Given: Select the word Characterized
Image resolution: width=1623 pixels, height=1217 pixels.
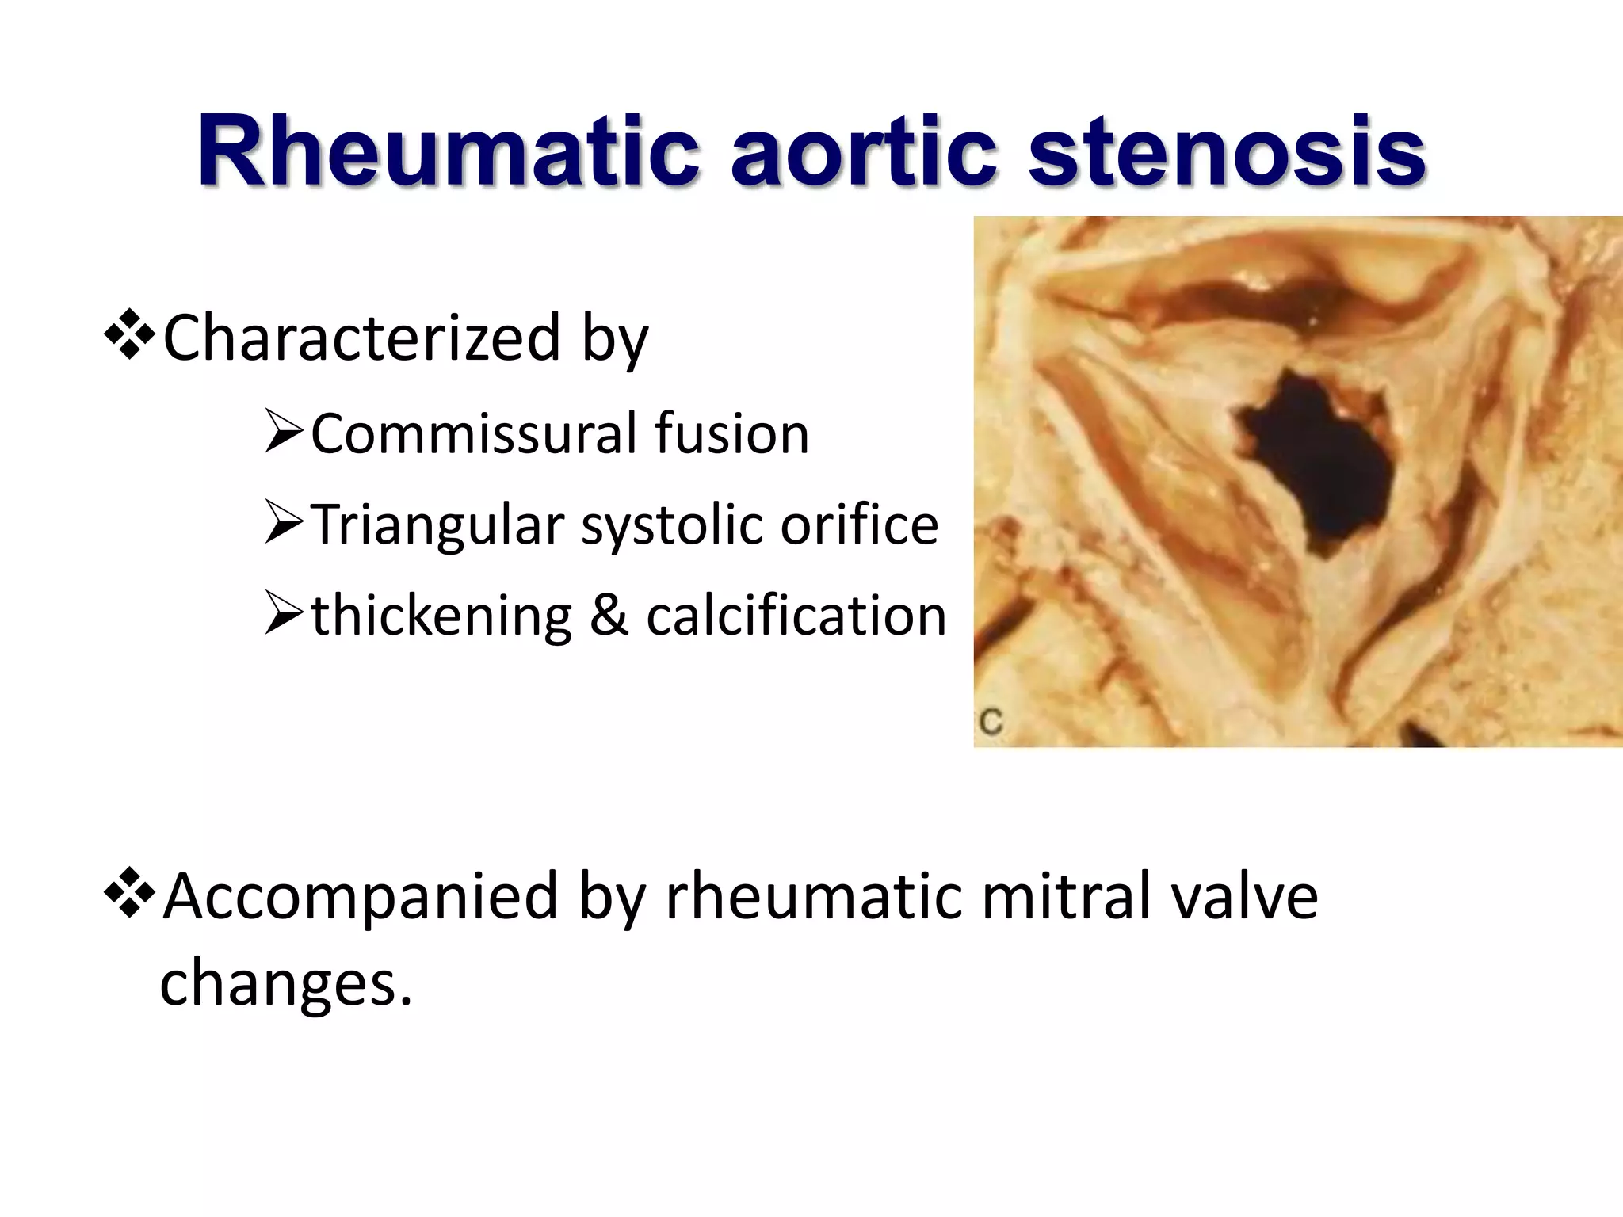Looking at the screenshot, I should pyautogui.click(x=361, y=338).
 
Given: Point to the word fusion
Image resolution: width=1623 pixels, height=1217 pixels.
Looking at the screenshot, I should pyautogui.click(x=731, y=434).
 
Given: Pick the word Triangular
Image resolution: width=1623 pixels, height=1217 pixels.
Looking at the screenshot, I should pyautogui.click(x=437, y=525).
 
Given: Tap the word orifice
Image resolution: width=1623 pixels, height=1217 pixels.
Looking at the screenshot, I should pyautogui.click(x=859, y=525).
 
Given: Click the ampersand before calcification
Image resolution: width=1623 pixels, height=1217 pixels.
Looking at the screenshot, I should pyautogui.click(x=609, y=616).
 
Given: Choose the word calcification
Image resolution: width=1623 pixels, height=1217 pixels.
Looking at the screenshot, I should pyautogui.click(x=796, y=616).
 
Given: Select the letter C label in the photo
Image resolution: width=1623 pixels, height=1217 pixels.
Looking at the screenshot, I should pyautogui.click(x=991, y=722).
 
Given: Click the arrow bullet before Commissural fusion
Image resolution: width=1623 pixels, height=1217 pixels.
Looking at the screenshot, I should pyautogui.click(x=284, y=433).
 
